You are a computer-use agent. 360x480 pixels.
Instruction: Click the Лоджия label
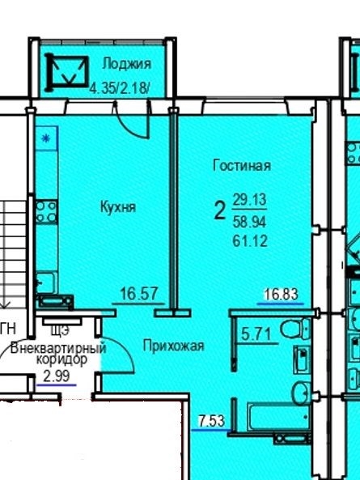pos(126,64)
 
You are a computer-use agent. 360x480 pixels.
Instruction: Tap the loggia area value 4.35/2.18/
pos(120,88)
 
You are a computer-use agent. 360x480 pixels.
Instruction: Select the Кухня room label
pos(118,207)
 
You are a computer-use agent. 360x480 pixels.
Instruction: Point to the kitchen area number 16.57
pos(139,293)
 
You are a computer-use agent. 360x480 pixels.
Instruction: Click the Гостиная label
pos(242,165)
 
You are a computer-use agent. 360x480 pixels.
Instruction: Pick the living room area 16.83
pos(281,295)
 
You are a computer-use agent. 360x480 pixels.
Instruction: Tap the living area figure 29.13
pos(250,200)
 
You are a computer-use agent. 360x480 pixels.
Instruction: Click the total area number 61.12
pos(250,240)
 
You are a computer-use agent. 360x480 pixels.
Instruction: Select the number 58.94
pos(249,221)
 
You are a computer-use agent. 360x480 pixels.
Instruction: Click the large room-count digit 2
pos(219,210)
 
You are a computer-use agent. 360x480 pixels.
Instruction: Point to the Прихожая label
pos(173,346)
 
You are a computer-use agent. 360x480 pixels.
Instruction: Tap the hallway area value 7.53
pos(211,421)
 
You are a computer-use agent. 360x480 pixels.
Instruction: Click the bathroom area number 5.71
pos(256,333)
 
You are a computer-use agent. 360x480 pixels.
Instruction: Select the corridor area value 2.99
pos(57,376)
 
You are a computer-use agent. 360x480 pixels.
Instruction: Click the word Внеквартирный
pos(58,348)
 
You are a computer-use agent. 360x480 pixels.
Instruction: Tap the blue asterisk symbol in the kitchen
pos(45,138)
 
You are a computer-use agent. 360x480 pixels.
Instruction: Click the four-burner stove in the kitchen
pos(46,211)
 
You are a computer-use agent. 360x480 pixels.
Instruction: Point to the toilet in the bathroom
pos(295,329)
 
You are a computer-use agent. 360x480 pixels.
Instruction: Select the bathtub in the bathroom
pos(278,416)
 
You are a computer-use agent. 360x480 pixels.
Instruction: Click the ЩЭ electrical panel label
pos(60,330)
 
